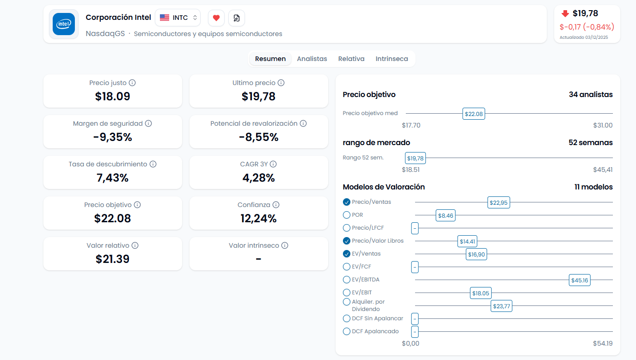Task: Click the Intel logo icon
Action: (64, 24)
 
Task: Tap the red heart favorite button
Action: (216, 18)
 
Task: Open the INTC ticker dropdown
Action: (178, 18)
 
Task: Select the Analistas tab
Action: (312, 59)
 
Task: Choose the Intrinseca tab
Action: (391, 59)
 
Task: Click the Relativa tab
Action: (351, 59)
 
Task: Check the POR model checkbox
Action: (347, 215)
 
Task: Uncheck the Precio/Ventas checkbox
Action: (347, 202)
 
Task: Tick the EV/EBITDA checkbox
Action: (347, 280)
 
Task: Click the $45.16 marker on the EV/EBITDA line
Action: (580, 280)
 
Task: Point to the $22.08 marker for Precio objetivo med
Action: (474, 114)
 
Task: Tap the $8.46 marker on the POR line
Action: (446, 215)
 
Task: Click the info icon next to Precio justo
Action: (132, 83)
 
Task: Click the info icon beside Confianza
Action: (276, 205)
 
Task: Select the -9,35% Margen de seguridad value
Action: (113, 137)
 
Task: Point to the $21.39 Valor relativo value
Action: (113, 259)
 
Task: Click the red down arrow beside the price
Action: (565, 14)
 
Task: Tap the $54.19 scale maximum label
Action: (603, 343)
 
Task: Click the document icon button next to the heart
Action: (237, 18)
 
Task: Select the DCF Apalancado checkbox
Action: (347, 331)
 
